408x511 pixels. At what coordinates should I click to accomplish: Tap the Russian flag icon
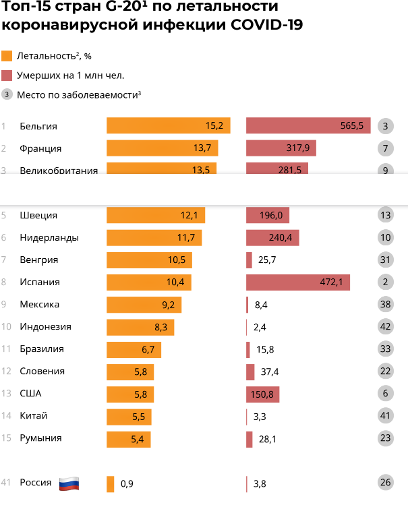pyautogui.click(x=69, y=483)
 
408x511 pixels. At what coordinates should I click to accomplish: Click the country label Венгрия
pyautogui.click(x=39, y=260)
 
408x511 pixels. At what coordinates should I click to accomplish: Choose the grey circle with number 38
pyautogui.click(x=386, y=305)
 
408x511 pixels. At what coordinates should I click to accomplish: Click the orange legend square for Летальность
pyautogui.click(x=7, y=56)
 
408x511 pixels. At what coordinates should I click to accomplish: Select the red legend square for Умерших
pyautogui.click(x=7, y=76)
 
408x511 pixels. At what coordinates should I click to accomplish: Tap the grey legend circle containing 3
pyautogui.click(x=7, y=94)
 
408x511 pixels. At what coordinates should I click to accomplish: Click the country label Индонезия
pyautogui.click(x=46, y=327)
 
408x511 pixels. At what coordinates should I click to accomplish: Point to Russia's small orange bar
pyautogui.click(x=111, y=484)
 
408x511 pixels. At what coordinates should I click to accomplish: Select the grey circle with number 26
pyautogui.click(x=386, y=483)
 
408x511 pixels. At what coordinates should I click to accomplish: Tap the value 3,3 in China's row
pyautogui.click(x=260, y=417)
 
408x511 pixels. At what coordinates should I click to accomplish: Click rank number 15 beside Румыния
pyautogui.click(x=7, y=438)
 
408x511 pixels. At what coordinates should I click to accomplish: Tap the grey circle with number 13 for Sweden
pyautogui.click(x=386, y=216)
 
